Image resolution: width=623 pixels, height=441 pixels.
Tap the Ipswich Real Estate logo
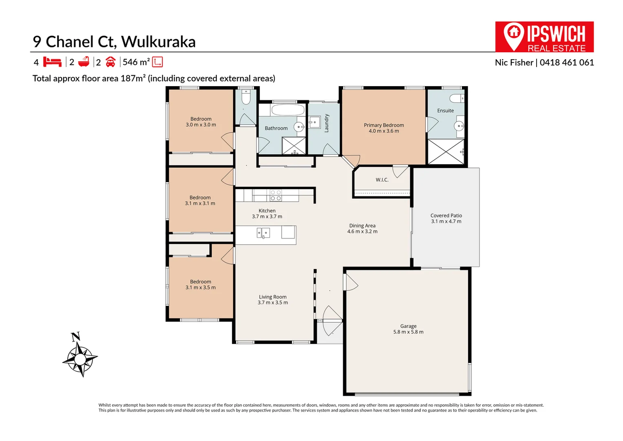[544, 37]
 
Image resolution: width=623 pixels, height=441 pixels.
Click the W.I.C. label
[382, 180]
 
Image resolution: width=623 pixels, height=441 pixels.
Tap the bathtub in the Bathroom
[288, 110]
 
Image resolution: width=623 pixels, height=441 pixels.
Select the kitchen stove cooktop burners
[276, 195]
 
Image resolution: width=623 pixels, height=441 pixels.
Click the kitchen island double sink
[263, 233]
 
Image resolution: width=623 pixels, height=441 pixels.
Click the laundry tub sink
[314, 122]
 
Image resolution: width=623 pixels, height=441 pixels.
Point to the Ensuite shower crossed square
[446, 152]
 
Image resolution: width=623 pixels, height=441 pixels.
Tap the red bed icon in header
[52, 62]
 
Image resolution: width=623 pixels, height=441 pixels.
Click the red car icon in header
[110, 62]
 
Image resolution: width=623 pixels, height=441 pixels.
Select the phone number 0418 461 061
[567, 62]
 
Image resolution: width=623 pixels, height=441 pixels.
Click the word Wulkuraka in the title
[158, 42]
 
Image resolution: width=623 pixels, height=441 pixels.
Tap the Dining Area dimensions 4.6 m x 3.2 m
[362, 232]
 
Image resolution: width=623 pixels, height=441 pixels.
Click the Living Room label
[272, 297]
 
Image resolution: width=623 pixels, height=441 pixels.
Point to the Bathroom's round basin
[299, 127]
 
